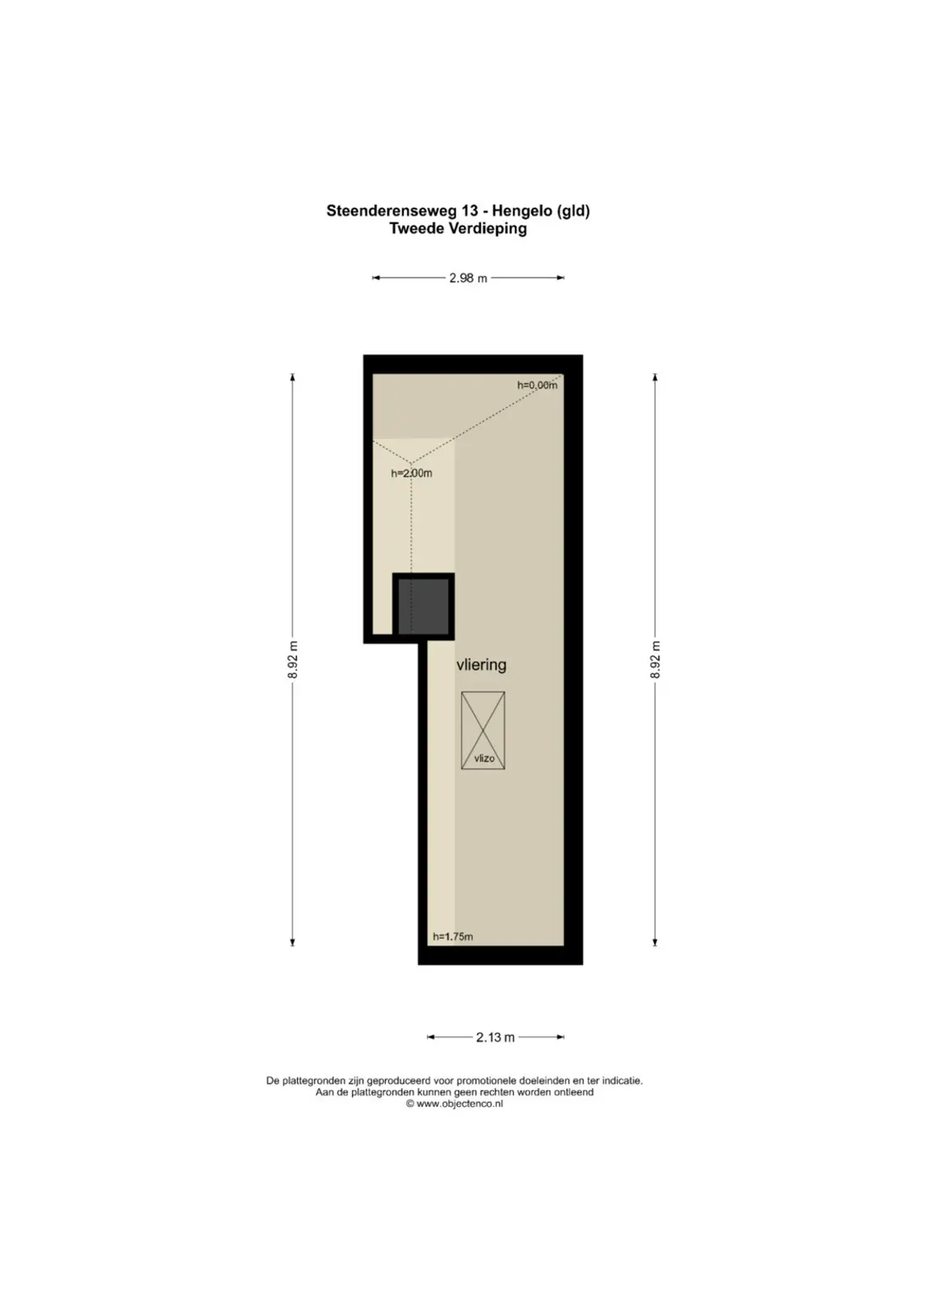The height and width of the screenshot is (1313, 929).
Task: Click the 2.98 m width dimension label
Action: pos(468,278)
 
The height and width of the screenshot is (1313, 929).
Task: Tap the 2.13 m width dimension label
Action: pos(495,1037)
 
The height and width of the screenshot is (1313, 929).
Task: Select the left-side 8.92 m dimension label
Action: pos(293,660)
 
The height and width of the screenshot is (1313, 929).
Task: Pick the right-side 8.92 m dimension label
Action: pos(655,660)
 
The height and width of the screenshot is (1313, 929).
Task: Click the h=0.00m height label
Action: pos(537,385)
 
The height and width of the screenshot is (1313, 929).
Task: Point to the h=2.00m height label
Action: pos(411,473)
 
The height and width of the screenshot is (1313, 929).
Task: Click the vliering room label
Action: pos(481,665)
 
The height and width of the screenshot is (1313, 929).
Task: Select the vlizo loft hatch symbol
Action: pos(483,730)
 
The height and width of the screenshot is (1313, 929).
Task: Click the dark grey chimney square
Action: pos(423,606)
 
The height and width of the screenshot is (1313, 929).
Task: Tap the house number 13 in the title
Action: pos(470,211)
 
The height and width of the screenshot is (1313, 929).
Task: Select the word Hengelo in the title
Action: pos(522,211)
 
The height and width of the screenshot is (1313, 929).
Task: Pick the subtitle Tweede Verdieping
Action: pos(459,229)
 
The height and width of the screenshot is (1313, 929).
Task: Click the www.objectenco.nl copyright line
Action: pos(455,1104)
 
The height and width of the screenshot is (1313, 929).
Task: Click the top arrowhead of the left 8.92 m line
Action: pos(292,377)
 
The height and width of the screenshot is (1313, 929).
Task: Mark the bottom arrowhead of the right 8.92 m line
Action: pos(655,942)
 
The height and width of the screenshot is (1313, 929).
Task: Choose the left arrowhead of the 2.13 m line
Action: pos(431,1037)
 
